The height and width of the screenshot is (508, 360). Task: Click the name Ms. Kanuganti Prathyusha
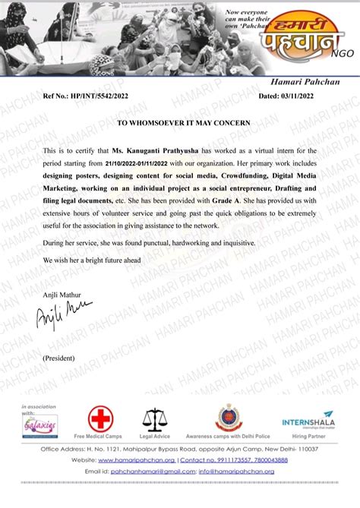coord(156,153)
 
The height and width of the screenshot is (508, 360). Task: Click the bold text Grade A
coord(226,196)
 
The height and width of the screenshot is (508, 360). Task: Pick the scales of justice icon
coord(155,421)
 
